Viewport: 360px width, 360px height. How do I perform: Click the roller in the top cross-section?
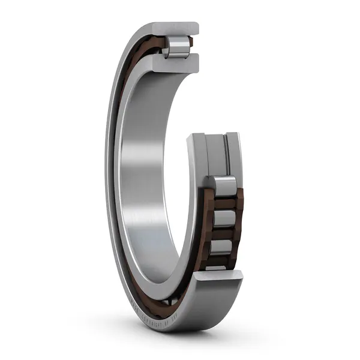(x=178, y=47)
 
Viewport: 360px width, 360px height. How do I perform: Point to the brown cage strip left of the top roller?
(x=153, y=44)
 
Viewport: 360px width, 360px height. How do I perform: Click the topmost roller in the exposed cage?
(x=224, y=187)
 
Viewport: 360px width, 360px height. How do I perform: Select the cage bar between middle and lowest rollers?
(x=223, y=233)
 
